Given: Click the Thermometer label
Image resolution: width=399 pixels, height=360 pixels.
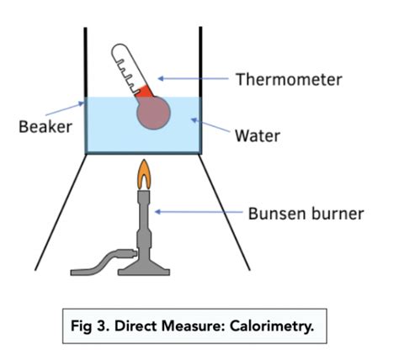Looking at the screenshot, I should point(289,80).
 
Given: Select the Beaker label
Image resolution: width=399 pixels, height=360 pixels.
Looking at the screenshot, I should point(42,128).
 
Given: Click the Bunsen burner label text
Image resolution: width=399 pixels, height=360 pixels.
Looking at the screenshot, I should point(306,214).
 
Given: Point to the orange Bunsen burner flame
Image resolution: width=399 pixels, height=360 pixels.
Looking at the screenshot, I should point(145,176).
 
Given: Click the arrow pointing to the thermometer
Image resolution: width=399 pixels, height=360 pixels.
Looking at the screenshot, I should point(193,80).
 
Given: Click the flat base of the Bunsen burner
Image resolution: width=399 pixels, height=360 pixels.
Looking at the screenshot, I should point(146,268).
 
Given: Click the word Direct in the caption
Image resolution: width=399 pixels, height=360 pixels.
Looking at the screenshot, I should point(134,326).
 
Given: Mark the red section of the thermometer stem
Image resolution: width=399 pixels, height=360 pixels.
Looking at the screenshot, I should point(144,90).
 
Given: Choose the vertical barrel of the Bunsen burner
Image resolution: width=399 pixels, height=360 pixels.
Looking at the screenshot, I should point(145,223).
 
